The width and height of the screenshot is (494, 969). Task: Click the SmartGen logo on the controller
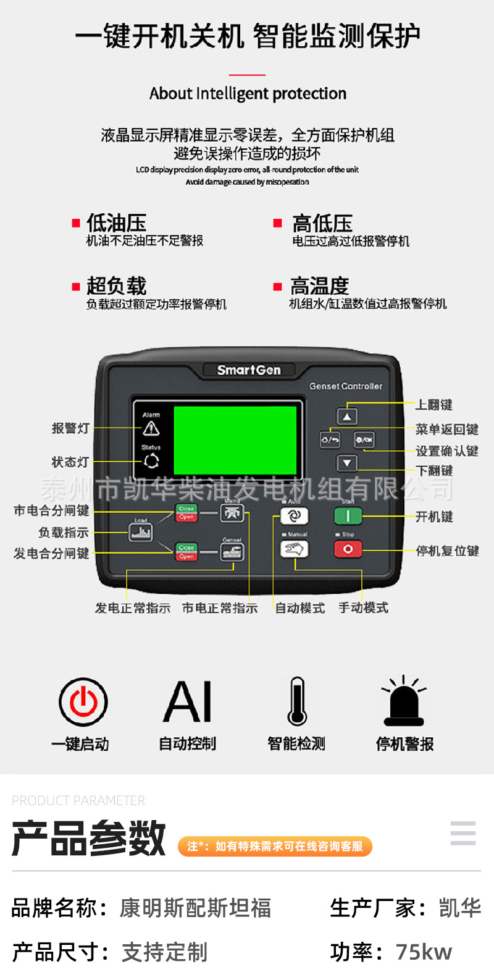click(x=249, y=370)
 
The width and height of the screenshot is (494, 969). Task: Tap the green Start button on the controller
click(x=348, y=516)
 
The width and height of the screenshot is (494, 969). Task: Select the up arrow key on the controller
click(x=347, y=417)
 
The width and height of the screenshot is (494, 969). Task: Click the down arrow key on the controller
click(x=347, y=463)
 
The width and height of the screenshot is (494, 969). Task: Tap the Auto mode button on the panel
click(x=294, y=516)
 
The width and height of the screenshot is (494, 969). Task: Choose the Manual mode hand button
click(x=294, y=549)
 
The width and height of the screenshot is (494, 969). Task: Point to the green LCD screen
click(x=235, y=440)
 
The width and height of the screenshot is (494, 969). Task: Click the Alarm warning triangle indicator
click(x=151, y=428)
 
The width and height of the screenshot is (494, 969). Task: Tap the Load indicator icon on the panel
click(x=141, y=531)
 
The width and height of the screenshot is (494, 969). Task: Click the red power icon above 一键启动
click(x=83, y=702)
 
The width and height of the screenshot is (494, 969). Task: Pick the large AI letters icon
click(x=188, y=702)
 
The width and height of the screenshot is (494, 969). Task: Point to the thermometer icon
click(x=297, y=702)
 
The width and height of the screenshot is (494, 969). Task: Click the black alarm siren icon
click(x=404, y=702)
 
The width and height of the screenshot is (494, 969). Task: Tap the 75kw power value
click(x=424, y=952)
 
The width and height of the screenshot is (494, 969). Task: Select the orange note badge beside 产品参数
click(x=275, y=846)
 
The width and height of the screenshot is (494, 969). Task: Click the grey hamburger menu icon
click(x=463, y=833)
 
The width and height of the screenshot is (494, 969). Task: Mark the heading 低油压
click(x=116, y=223)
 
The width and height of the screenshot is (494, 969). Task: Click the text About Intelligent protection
click(x=248, y=94)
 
